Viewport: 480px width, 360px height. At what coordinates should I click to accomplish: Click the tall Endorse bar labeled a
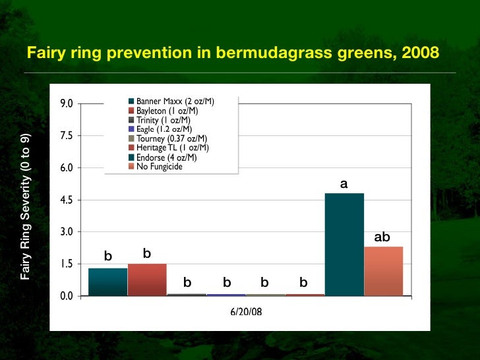[344, 244]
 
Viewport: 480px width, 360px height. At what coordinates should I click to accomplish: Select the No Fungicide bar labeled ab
[383, 271]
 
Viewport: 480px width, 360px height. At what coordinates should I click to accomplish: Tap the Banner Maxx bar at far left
[107, 282]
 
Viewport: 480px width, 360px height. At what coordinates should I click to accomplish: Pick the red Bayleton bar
[147, 280]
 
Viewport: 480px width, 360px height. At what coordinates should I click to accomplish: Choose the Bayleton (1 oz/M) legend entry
[167, 110]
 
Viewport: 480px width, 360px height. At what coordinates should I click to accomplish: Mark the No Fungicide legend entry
[158, 166]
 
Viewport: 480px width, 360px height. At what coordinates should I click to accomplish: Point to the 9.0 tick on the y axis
[67, 104]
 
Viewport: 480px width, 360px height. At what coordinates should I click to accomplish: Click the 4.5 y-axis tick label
[67, 200]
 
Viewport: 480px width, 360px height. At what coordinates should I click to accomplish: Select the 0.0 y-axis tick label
[67, 296]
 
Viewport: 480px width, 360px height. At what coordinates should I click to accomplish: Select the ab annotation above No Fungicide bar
[382, 237]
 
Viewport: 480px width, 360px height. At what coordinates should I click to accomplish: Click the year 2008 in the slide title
[419, 52]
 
